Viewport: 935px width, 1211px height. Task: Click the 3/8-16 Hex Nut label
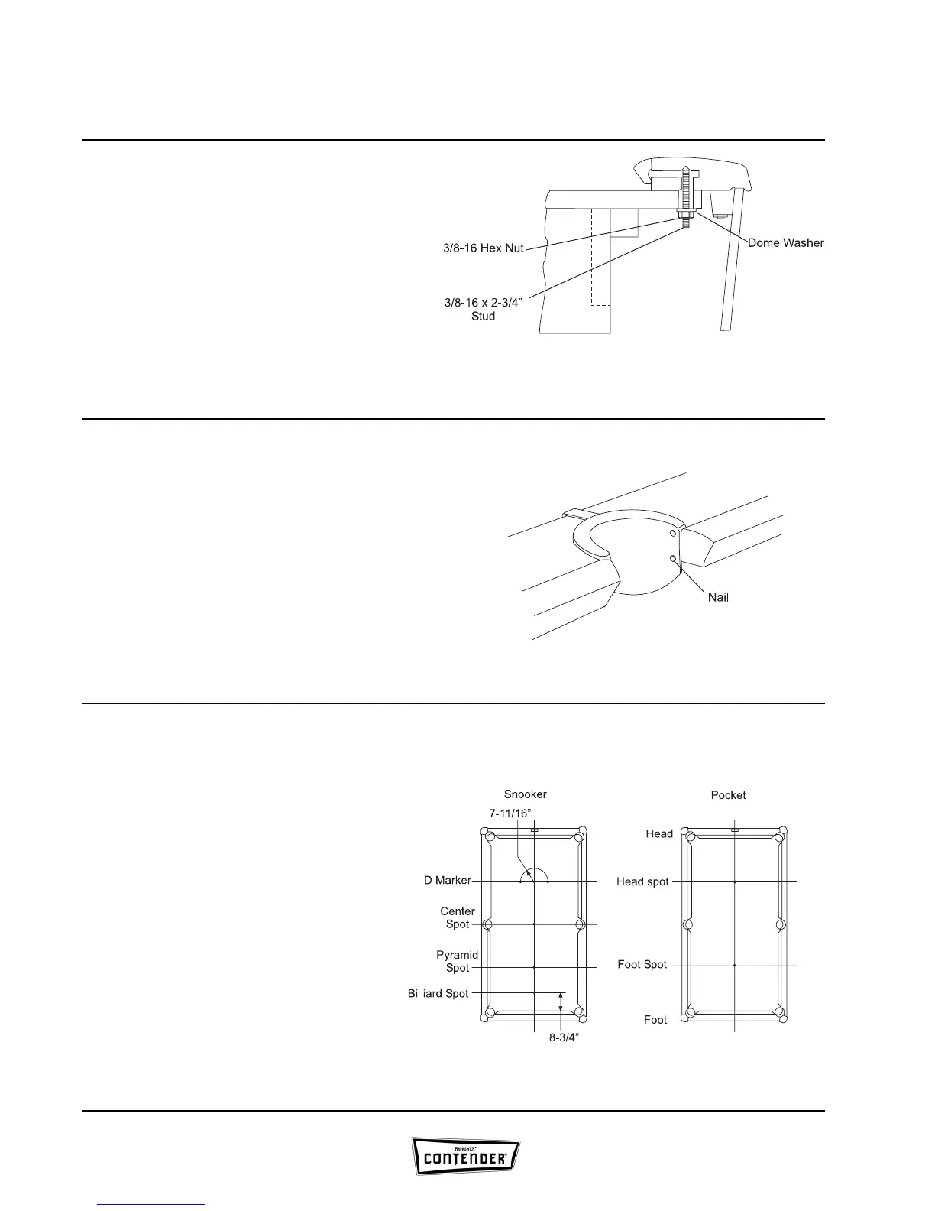pyautogui.click(x=483, y=249)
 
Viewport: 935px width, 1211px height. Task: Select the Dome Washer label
pyautogui.click(x=785, y=243)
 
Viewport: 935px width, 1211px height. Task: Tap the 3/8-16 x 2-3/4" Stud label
pyautogui.click(x=483, y=309)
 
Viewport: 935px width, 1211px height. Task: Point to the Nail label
pyautogui.click(x=717, y=597)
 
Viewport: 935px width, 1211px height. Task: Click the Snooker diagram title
pyautogui.click(x=525, y=794)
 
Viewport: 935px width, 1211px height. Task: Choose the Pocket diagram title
pyautogui.click(x=728, y=795)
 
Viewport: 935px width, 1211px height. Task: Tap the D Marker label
pyautogui.click(x=448, y=881)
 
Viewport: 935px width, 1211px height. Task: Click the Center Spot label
pyautogui.click(x=457, y=917)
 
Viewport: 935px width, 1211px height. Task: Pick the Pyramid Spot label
pyautogui.click(x=457, y=961)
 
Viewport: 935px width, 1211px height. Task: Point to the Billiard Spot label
pyautogui.click(x=438, y=994)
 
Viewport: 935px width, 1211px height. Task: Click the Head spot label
pyautogui.click(x=642, y=881)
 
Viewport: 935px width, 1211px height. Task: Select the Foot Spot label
pyautogui.click(x=642, y=965)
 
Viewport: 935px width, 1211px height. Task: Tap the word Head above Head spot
pyautogui.click(x=659, y=833)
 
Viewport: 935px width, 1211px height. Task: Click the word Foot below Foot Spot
pyautogui.click(x=655, y=1020)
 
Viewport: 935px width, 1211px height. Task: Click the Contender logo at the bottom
pyautogui.click(x=467, y=1157)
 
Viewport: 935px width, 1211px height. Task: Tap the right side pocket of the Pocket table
pyautogui.click(x=781, y=924)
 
